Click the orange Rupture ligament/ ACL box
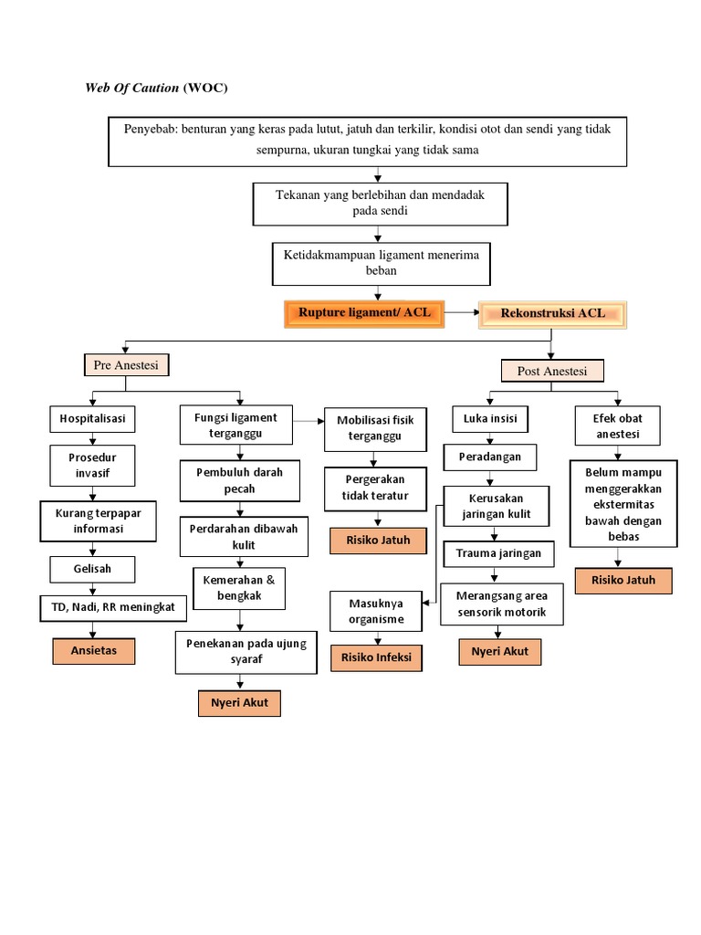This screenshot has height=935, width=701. [x=364, y=313]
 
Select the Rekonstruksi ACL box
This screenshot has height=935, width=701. [x=552, y=313]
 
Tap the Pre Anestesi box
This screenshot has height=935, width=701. [x=126, y=365]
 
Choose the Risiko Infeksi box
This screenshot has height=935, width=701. [x=376, y=657]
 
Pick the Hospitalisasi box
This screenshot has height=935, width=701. [x=92, y=419]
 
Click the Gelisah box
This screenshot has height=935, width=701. [x=92, y=571]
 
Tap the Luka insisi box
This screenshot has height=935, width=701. [x=490, y=419]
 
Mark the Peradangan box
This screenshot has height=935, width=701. [x=490, y=456]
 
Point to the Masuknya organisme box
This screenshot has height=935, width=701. [x=375, y=611]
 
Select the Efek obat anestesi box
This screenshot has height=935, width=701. [x=618, y=425]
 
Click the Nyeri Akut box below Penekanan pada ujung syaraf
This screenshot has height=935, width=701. [x=239, y=704]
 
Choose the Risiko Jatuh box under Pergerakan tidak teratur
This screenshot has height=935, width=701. [x=377, y=540]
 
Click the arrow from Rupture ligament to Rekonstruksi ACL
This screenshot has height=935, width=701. [x=461, y=313]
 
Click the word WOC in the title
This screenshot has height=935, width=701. [x=206, y=88]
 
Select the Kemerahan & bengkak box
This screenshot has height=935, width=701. [x=238, y=588]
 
